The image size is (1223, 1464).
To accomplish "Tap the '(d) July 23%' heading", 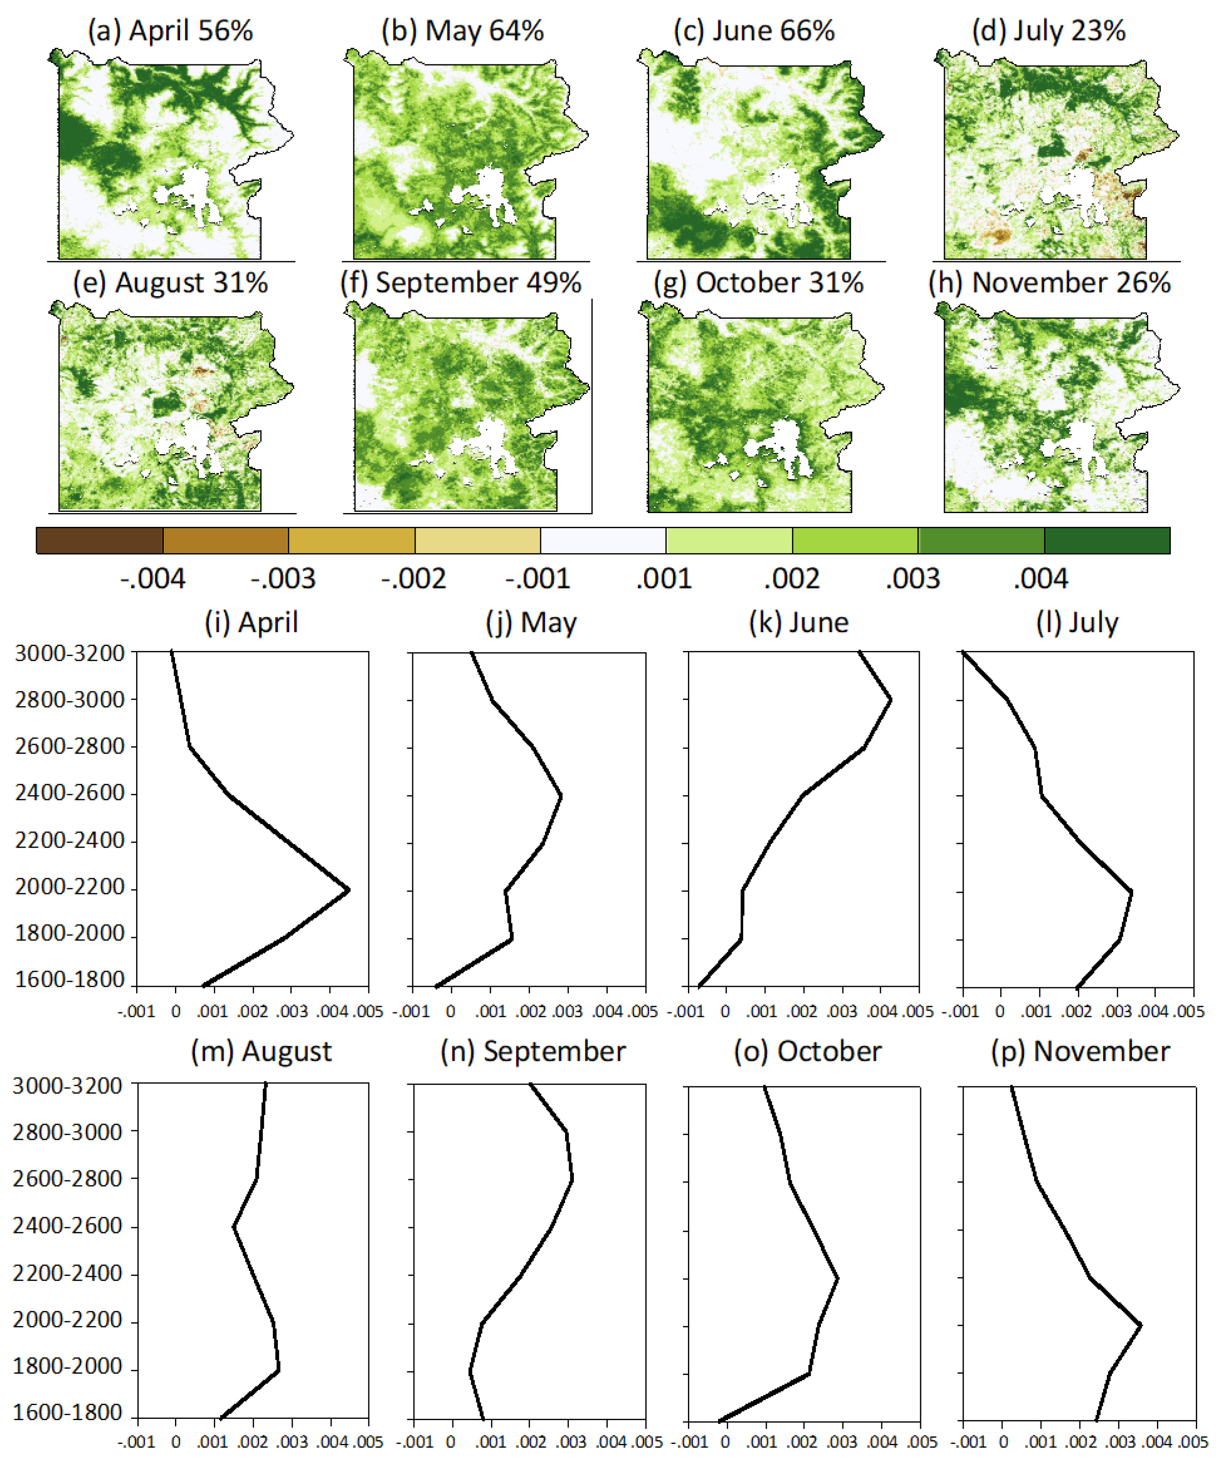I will pos(1049,31).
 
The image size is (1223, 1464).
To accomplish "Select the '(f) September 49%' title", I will pos(461,283).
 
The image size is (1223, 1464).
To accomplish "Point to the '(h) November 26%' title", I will pos(1050,283).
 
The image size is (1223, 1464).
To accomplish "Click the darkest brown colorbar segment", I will pos(100,540).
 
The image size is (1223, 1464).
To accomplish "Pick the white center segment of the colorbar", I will pos(604,540).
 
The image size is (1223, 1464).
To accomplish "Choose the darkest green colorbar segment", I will pos(1106,540).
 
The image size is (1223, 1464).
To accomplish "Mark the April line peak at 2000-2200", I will pos(348,890).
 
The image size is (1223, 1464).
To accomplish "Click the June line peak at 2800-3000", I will pos(891,700).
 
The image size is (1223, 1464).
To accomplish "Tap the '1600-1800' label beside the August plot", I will pos(68,1413).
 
